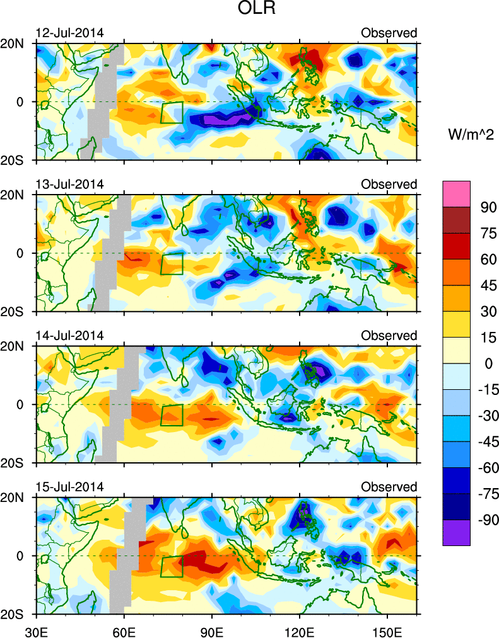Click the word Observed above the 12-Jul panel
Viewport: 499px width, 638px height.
click(x=389, y=33)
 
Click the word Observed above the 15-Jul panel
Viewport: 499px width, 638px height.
click(x=389, y=487)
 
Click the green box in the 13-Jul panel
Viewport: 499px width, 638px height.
click(x=172, y=264)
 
